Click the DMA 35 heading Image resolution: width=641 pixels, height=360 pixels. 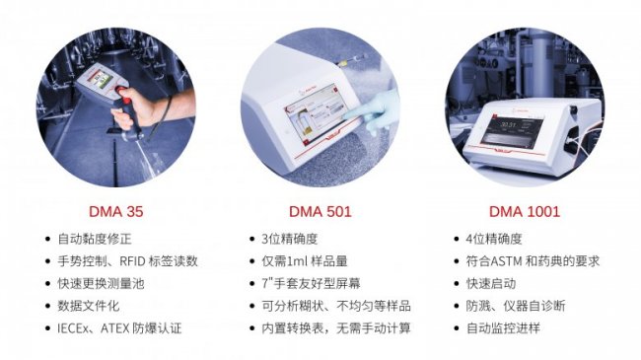(x=115, y=211)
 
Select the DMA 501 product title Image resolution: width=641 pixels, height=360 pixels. (x=320, y=211)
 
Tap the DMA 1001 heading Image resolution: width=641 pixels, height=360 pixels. (x=524, y=211)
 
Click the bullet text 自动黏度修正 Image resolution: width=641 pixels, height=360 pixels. (x=95, y=239)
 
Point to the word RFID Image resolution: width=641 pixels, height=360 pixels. (x=132, y=261)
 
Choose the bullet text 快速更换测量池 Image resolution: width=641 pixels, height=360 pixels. (x=101, y=283)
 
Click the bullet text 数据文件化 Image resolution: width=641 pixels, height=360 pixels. (x=89, y=306)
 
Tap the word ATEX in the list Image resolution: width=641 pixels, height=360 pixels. (x=114, y=328)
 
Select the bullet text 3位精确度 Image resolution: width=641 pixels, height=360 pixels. (x=289, y=239)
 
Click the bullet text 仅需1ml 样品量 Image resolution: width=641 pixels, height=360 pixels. (x=305, y=261)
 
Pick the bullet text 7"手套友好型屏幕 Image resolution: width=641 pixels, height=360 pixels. (x=311, y=283)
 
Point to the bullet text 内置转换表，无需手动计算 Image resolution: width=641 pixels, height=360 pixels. (x=336, y=328)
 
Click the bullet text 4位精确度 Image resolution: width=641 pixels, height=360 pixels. (x=494, y=239)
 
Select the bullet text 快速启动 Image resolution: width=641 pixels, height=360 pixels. (x=490, y=283)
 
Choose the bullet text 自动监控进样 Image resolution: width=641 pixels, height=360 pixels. (x=503, y=328)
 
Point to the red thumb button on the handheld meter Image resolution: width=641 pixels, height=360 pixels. (x=123, y=92)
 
